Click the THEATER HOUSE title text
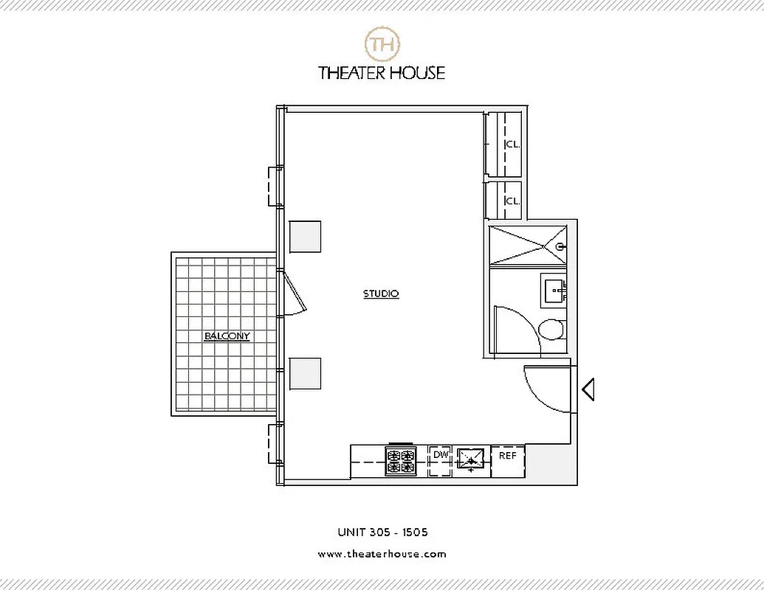point(382,73)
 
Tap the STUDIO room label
point(381,294)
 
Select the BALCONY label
point(227,336)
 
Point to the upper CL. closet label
point(512,145)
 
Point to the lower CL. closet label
point(512,201)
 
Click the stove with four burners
point(401,462)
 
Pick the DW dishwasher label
point(441,455)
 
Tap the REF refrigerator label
point(508,456)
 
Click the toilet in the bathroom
point(550,329)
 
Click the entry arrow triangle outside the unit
point(588,389)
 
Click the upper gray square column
point(305,237)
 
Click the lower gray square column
point(305,373)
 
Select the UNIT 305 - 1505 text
point(382,532)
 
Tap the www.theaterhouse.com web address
point(382,554)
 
